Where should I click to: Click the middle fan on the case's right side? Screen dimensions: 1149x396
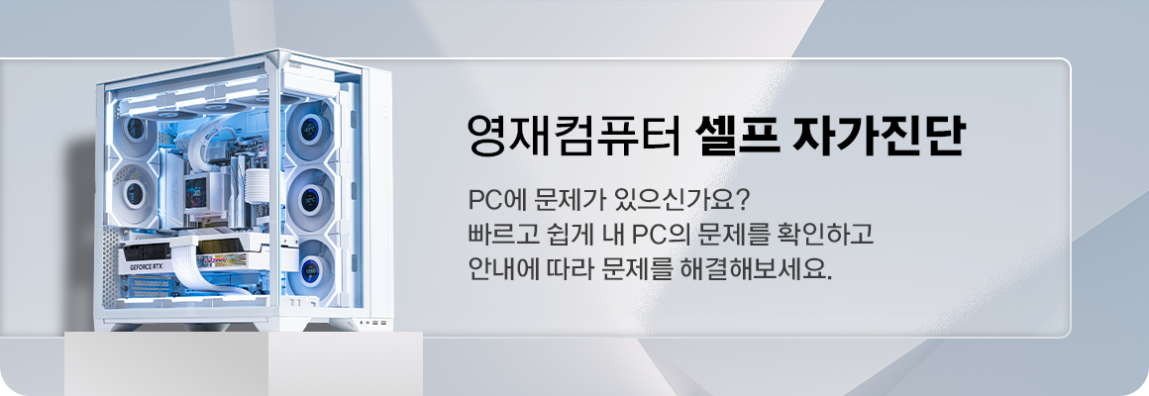[x=311, y=199]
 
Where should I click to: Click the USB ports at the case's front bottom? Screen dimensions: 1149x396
[x=374, y=323]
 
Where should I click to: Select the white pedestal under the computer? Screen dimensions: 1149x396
[x=244, y=363]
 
